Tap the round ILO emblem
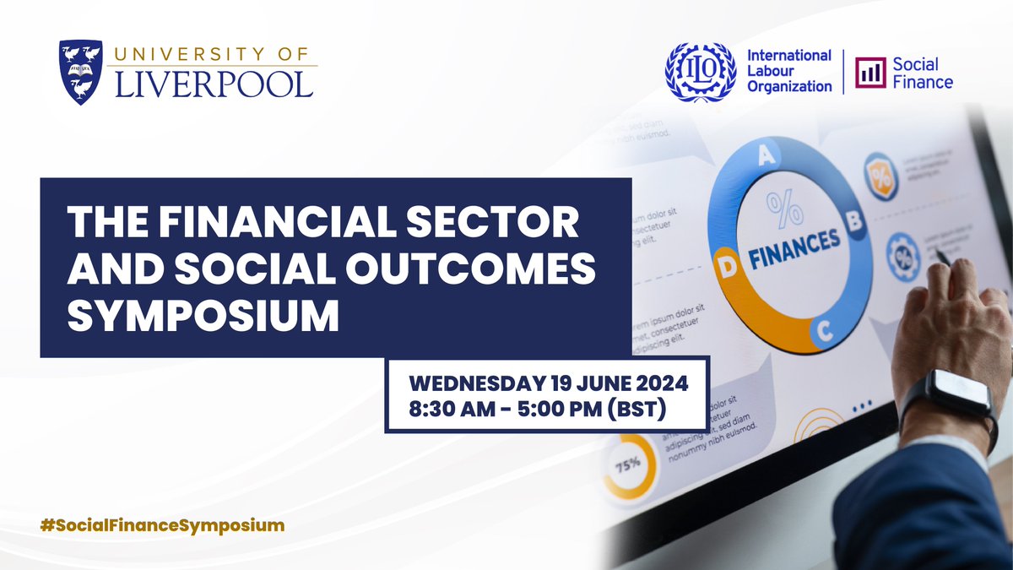[x=701, y=73]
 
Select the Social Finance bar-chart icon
[x=870, y=73]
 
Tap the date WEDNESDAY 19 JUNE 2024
[x=549, y=383]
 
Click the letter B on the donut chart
[x=853, y=221]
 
